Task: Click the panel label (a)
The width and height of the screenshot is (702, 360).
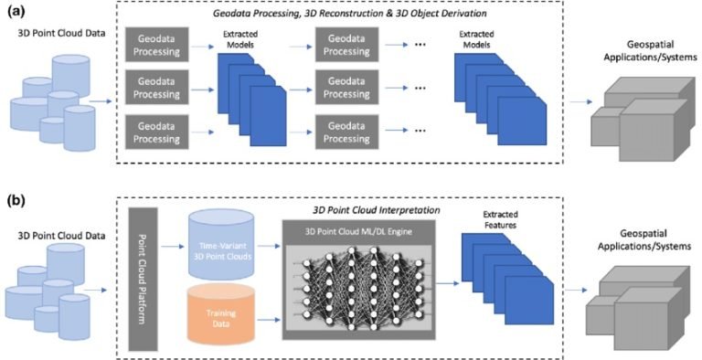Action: (16, 12)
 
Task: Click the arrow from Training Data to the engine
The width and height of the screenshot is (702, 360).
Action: (266, 320)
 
